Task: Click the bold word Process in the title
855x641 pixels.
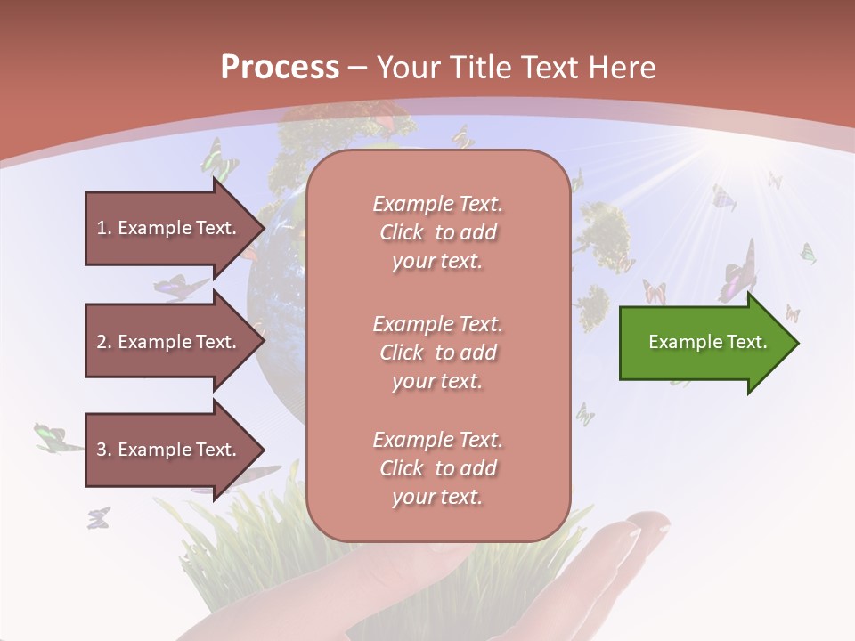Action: coord(280,68)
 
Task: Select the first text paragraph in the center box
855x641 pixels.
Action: coord(437,232)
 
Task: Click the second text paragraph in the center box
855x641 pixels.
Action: coord(437,353)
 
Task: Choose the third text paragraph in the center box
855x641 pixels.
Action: coord(437,468)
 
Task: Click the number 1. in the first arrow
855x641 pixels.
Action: coord(104,228)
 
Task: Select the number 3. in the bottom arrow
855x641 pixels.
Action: coord(104,450)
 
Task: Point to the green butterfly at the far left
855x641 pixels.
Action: coord(50,436)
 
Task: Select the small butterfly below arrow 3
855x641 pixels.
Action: coord(98,517)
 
